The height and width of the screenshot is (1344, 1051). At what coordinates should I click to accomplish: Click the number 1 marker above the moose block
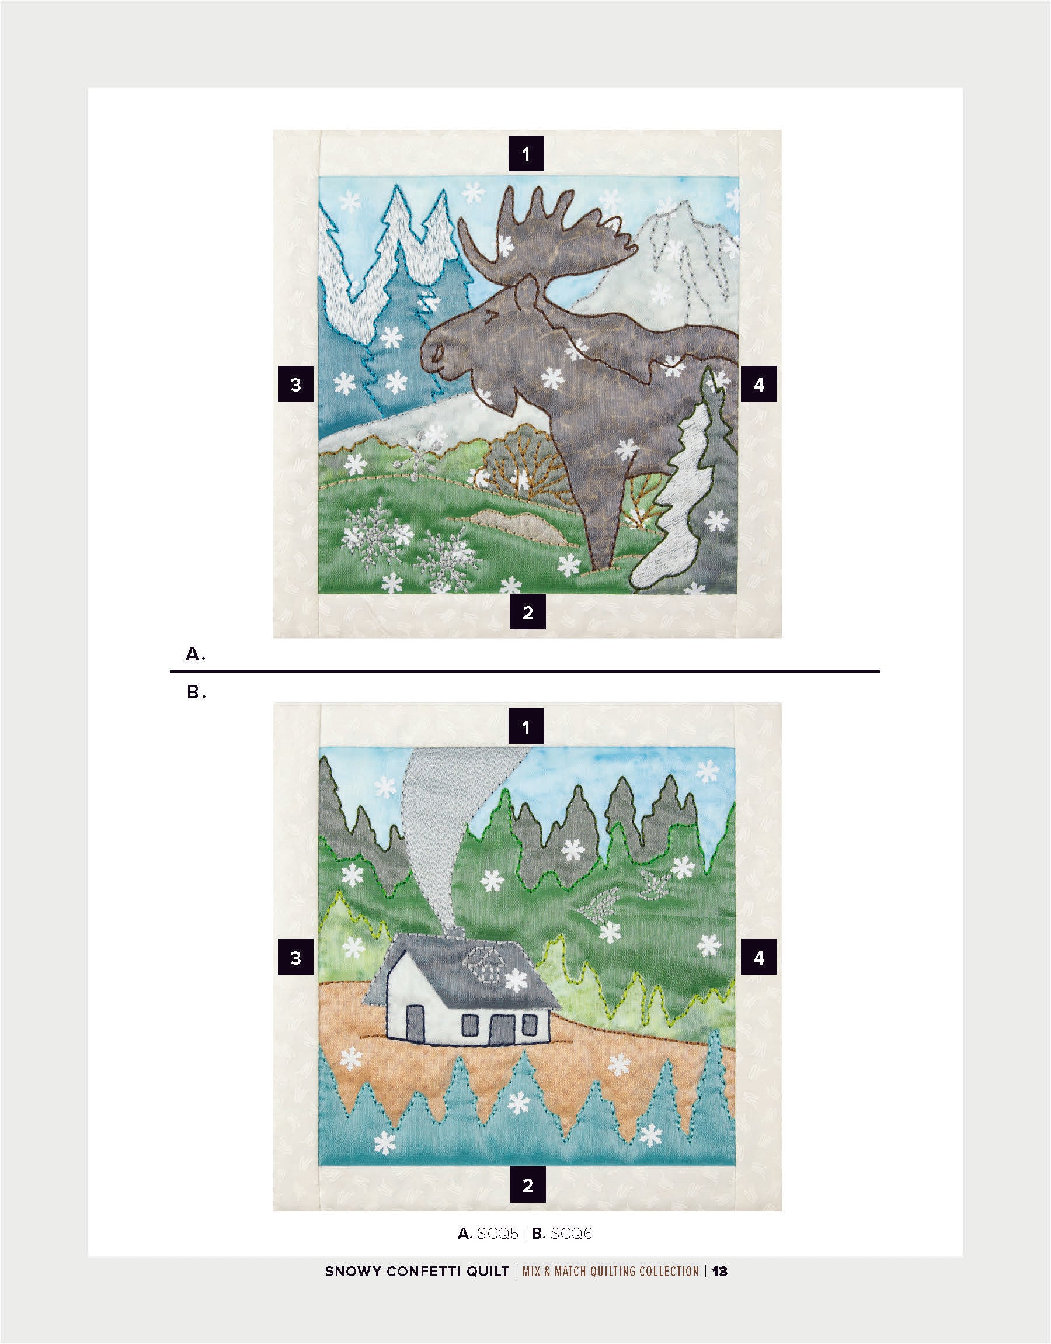(525, 153)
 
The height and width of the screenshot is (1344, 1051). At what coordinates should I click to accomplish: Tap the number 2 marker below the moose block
(527, 612)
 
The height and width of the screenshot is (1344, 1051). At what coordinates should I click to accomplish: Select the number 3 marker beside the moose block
(296, 384)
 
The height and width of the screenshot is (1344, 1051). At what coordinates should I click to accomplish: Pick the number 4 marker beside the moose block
(758, 384)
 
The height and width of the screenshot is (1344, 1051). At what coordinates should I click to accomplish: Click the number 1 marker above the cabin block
(525, 726)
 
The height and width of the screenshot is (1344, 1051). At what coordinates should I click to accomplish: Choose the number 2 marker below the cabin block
(527, 1185)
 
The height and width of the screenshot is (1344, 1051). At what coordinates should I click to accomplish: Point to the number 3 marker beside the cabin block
(296, 957)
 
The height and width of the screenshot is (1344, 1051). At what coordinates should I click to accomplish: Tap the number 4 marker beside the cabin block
(758, 957)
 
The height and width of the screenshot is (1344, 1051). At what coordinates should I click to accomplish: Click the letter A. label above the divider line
(195, 654)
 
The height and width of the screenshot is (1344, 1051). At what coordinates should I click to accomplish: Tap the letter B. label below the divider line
(196, 692)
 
